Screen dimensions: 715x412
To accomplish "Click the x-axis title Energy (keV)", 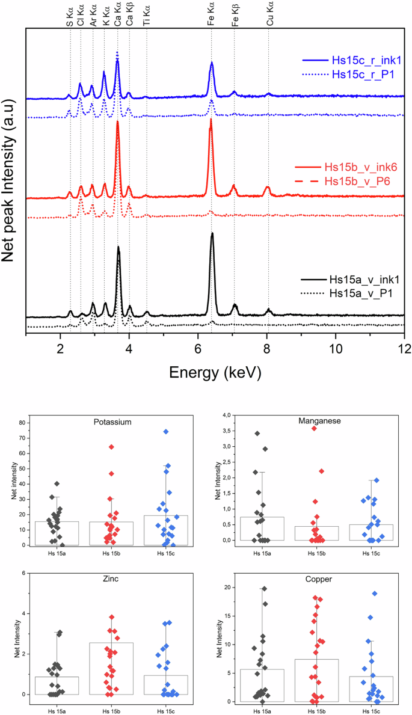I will (215, 372).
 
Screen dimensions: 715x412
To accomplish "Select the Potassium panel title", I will (113, 422).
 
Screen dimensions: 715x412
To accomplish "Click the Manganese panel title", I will (316, 421).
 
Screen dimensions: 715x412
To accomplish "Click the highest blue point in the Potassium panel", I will (165, 432).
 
